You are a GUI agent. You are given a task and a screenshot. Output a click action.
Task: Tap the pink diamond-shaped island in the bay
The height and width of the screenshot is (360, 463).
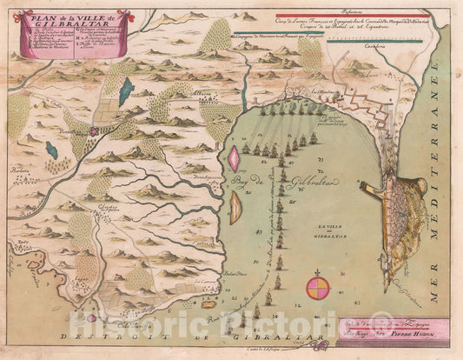(235, 158)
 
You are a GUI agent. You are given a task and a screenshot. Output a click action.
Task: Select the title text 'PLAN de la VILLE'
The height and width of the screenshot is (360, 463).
(58, 17)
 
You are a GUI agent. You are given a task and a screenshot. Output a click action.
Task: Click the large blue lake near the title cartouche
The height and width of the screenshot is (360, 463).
(127, 89)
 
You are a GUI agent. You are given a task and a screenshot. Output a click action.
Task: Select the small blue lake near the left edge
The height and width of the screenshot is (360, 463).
(53, 150)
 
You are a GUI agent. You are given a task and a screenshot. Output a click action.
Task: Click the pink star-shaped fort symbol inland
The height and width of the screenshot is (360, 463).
(93, 131)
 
